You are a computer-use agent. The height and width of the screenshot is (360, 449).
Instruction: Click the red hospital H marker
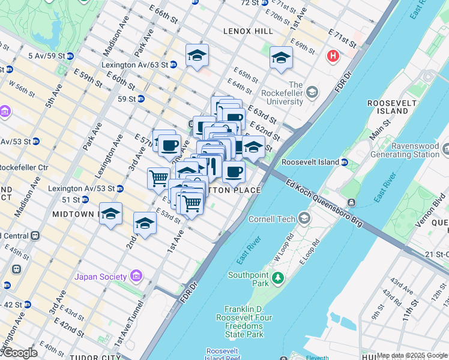333,56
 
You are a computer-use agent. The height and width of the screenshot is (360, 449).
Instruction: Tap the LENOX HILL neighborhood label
244,31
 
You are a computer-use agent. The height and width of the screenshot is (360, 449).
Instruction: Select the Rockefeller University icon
312,92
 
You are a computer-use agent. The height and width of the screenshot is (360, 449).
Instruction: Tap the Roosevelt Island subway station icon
345,163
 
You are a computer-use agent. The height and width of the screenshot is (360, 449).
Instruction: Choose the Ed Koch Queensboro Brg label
324,204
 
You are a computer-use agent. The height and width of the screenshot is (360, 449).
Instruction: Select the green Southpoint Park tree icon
277,278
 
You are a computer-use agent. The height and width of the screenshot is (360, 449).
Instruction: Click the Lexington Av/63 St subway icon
173,65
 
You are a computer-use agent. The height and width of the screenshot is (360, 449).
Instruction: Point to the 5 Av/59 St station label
47,56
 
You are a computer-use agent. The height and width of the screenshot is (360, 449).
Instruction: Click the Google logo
19,353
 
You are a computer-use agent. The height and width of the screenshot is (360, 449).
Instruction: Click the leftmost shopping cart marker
158,177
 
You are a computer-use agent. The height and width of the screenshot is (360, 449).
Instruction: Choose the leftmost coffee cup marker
169,145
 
